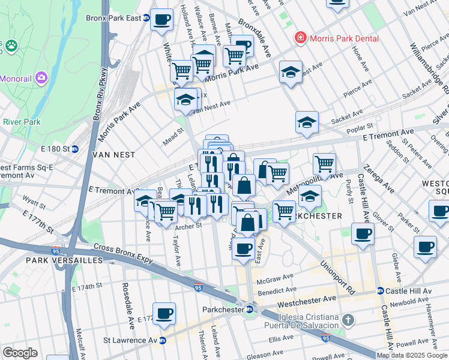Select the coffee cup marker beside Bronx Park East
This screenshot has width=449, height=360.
tap(161, 19)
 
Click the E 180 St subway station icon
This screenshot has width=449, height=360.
tap(75, 149)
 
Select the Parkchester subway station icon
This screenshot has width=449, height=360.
tap(249, 310)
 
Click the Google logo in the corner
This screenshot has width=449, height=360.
tap(20, 353)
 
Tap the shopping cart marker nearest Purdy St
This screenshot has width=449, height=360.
tap(324, 163)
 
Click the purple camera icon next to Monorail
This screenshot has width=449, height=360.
tap(41, 77)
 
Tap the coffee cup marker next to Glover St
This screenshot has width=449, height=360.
tap(362, 233)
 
